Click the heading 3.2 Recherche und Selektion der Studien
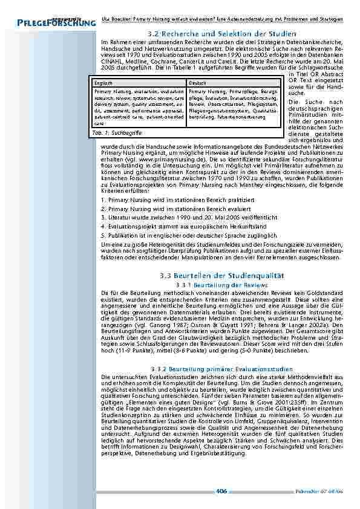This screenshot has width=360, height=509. coord(221,33)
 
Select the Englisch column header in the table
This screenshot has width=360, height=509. coord(105,82)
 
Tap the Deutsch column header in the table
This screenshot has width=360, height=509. coord(197,82)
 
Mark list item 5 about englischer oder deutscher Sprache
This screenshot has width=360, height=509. coord(189,234)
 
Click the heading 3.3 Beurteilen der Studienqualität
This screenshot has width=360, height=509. coord(221,275)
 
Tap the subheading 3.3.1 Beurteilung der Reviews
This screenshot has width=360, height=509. coord(221,284)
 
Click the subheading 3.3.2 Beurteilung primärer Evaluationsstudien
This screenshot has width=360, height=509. coord(221,369)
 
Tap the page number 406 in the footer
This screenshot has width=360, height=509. coord(221,490)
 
